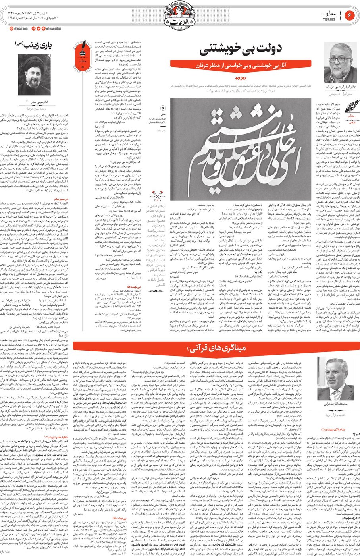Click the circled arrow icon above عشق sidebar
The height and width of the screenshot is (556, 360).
(163, 108)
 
